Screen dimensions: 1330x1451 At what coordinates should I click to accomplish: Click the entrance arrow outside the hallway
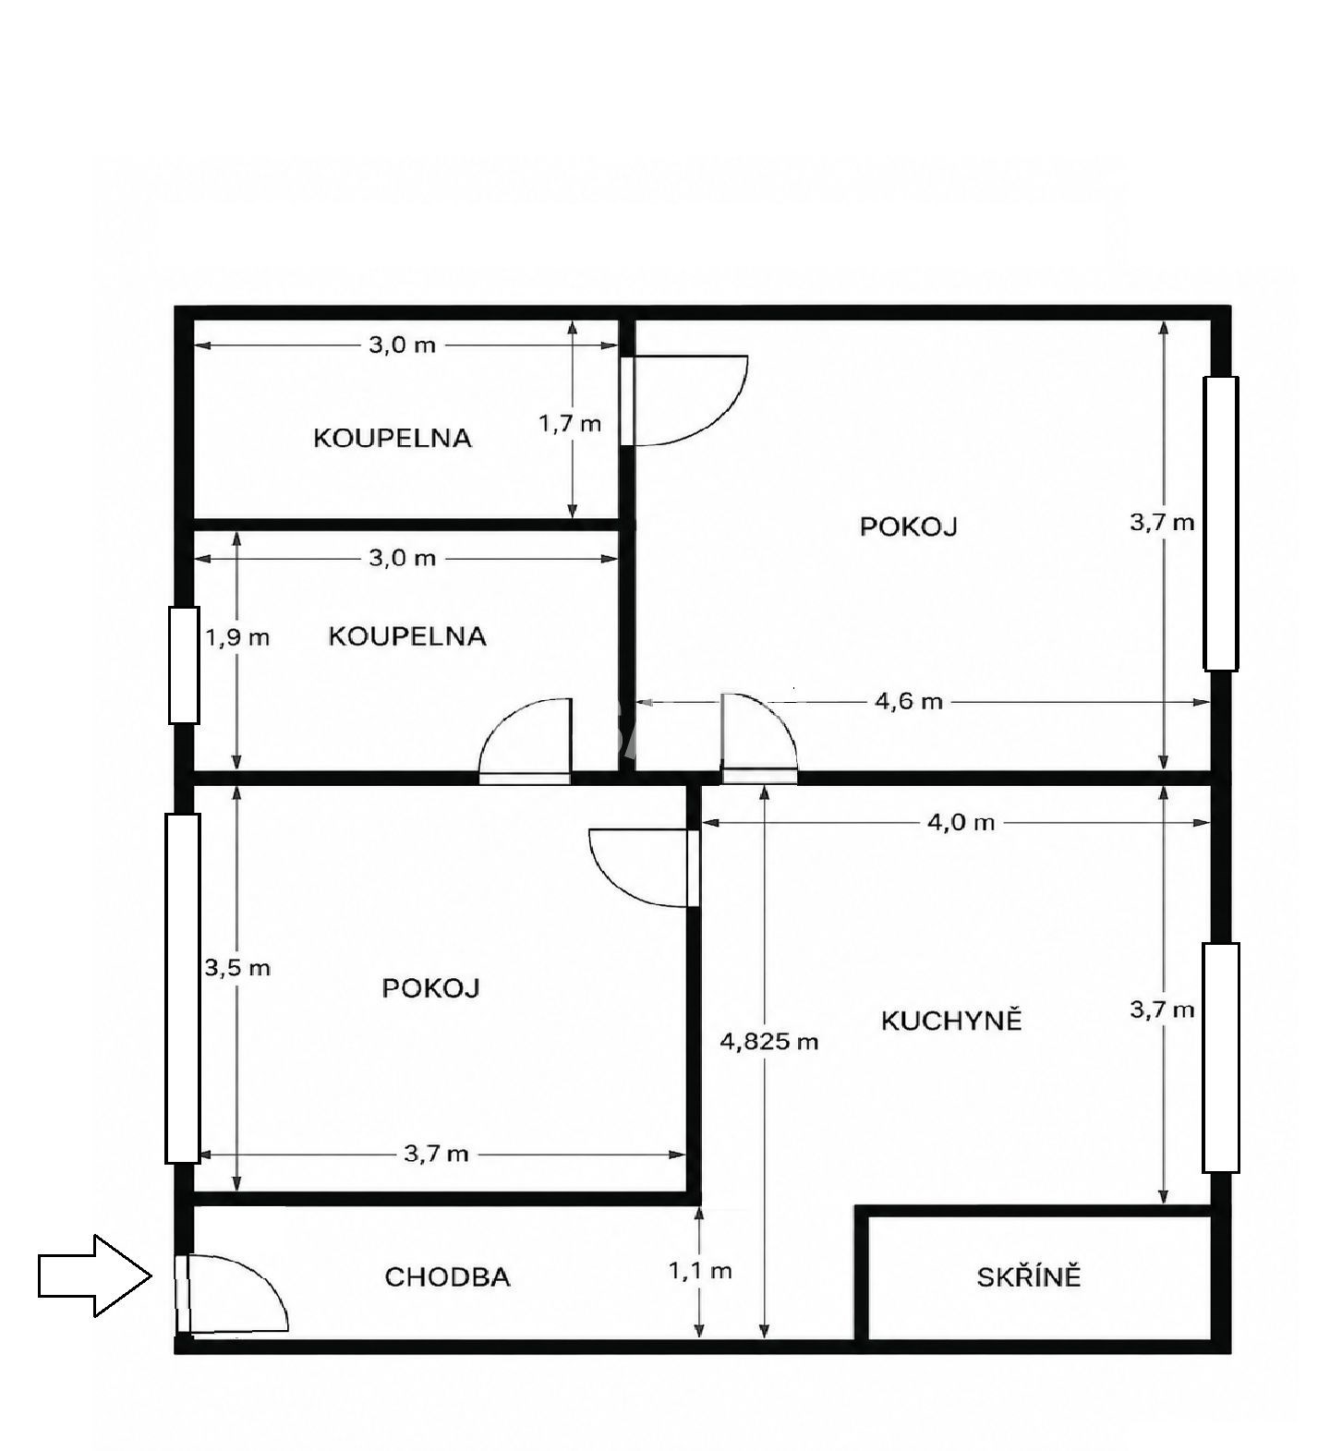tap(94, 1276)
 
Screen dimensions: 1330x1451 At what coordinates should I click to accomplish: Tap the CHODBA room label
tap(447, 1277)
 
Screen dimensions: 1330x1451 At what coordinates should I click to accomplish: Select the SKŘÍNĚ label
tap(1028, 1276)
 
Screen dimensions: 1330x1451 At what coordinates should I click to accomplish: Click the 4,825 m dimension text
tap(769, 1042)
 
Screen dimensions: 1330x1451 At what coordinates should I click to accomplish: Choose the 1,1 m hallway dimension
tap(700, 1271)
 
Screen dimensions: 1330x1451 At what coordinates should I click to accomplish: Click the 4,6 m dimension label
tap(909, 702)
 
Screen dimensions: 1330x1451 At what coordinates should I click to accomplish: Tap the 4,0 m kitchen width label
tap(961, 822)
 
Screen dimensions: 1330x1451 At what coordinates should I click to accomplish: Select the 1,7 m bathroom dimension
tap(570, 424)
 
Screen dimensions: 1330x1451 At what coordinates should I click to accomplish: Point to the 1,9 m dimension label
tap(237, 637)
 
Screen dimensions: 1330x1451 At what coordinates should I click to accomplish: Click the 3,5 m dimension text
tap(237, 968)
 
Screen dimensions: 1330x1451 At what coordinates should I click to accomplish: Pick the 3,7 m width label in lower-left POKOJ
tap(436, 1154)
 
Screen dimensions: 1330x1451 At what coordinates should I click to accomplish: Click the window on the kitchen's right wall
tap(1220, 1058)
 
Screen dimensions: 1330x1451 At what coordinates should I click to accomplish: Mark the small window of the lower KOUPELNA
tap(184, 664)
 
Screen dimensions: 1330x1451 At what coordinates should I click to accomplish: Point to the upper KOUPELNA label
tap(393, 438)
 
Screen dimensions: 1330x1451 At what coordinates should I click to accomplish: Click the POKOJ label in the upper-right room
tap(909, 526)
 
